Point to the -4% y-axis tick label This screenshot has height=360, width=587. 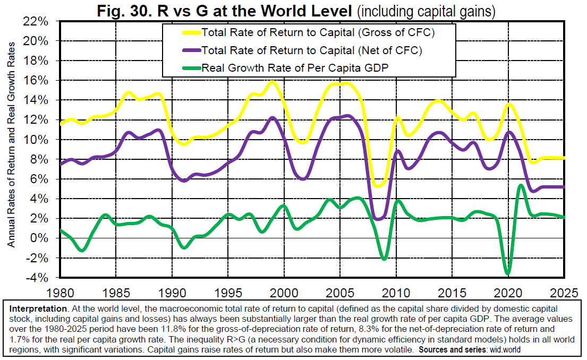coord(38,278)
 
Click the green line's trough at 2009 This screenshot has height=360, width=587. coord(384,259)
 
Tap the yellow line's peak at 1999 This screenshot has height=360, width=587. coord(272,82)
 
